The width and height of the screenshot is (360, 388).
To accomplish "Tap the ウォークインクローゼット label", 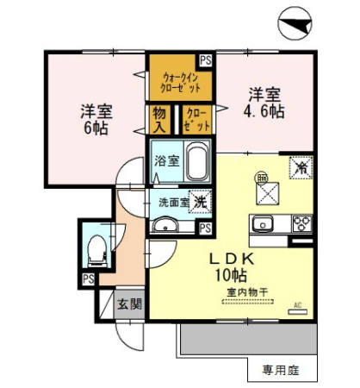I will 181,83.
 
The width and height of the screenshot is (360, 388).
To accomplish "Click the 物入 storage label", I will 160,119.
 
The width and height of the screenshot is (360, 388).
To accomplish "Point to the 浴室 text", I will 166,160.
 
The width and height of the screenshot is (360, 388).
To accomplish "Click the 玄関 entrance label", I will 130,304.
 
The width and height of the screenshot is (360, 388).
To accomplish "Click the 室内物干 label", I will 245,293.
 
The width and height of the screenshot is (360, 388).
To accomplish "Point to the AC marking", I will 299,305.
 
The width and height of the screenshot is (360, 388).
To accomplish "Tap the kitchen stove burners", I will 301,223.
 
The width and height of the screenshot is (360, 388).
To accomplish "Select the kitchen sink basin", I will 263,224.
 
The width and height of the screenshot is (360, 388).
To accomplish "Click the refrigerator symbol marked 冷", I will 301,167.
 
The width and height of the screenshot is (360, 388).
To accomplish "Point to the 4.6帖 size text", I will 264,111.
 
